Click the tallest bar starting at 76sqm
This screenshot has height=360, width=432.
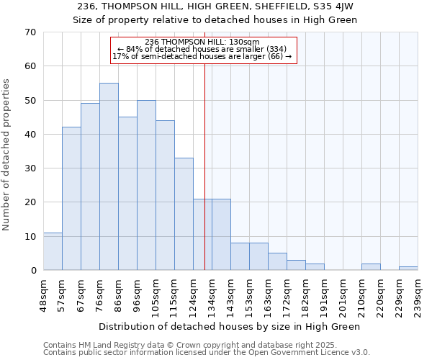[109, 176]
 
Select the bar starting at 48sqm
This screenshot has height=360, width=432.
[53, 251]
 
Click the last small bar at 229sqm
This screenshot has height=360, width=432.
[408, 268]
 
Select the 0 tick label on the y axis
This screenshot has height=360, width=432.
[32, 271]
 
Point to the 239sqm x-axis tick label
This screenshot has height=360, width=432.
[418, 295]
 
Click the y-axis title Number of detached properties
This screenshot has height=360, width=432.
[7, 155]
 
